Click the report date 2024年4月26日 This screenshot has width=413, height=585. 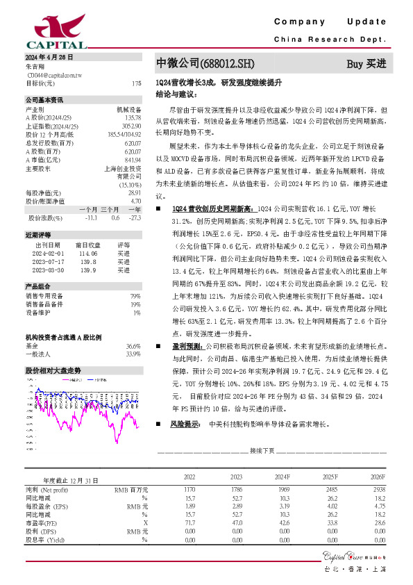click(x=49, y=56)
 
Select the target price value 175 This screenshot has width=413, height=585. click(x=136, y=83)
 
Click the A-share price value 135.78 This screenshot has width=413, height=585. click(x=133, y=117)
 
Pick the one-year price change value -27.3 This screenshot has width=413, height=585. click(x=135, y=217)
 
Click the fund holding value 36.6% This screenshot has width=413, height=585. click(x=133, y=345)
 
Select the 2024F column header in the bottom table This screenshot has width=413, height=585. click(x=283, y=477)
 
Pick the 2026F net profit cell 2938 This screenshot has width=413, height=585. click(x=377, y=489)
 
